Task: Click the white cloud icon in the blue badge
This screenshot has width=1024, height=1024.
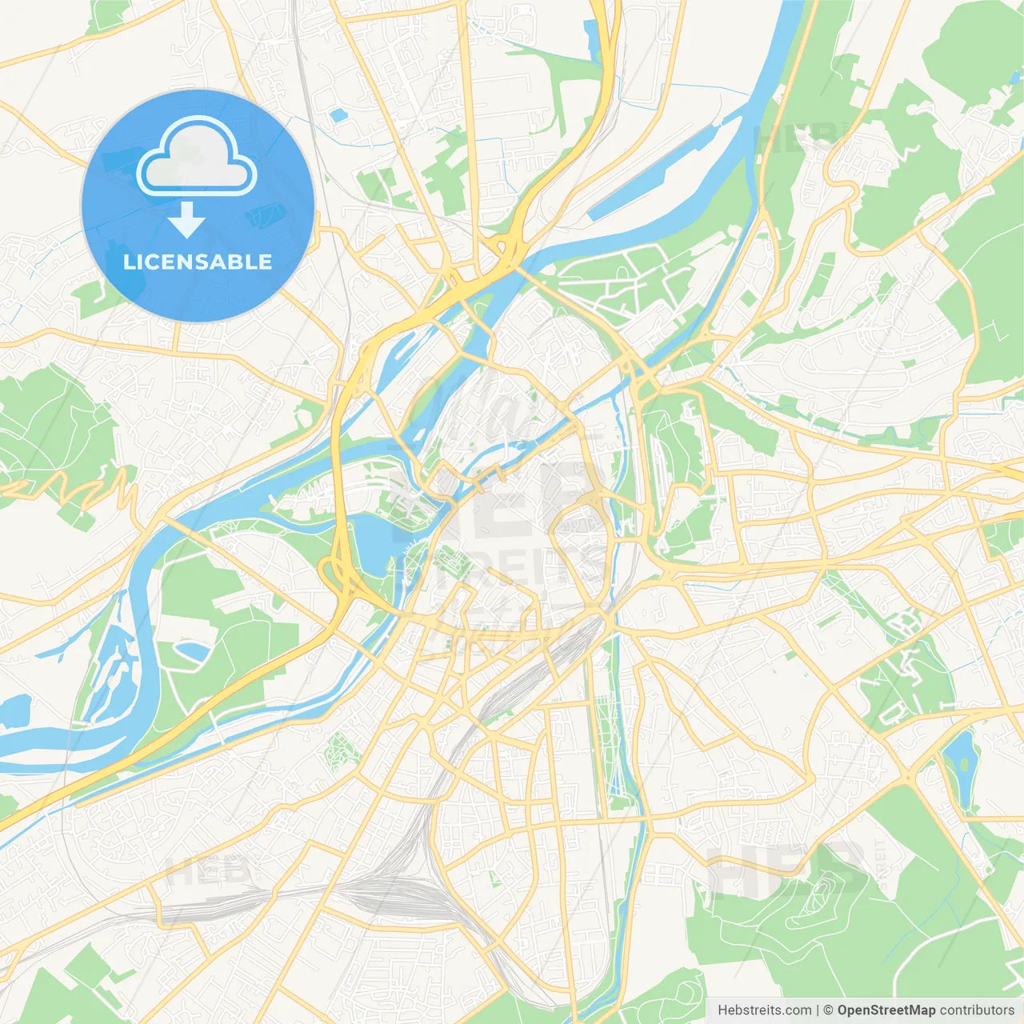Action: [x=197, y=157]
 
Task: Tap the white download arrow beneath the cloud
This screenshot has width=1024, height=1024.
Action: [x=186, y=219]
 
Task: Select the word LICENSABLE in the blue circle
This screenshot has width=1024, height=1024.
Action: [x=197, y=262]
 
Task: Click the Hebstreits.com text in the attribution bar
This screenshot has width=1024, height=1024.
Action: [x=764, y=1010]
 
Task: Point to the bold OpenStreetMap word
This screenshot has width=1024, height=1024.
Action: [x=886, y=1010]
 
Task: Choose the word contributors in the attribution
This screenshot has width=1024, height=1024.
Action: [x=977, y=1010]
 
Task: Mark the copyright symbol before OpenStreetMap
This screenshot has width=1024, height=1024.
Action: [x=828, y=1010]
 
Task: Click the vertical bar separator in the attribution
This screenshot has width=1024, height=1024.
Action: [x=818, y=1010]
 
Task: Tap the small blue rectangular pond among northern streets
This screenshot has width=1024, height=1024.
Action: [x=338, y=115]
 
